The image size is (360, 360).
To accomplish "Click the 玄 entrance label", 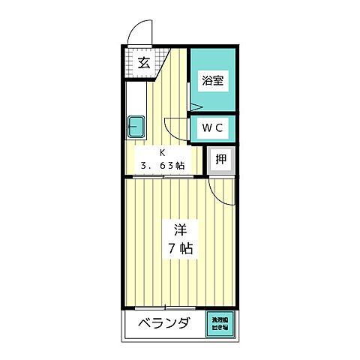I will (143, 63).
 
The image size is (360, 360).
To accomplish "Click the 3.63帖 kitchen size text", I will (160, 166).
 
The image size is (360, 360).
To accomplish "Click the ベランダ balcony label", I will (163, 325).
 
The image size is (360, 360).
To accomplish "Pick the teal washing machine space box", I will (221, 323).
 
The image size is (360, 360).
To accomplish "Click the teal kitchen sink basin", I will (136, 125).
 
